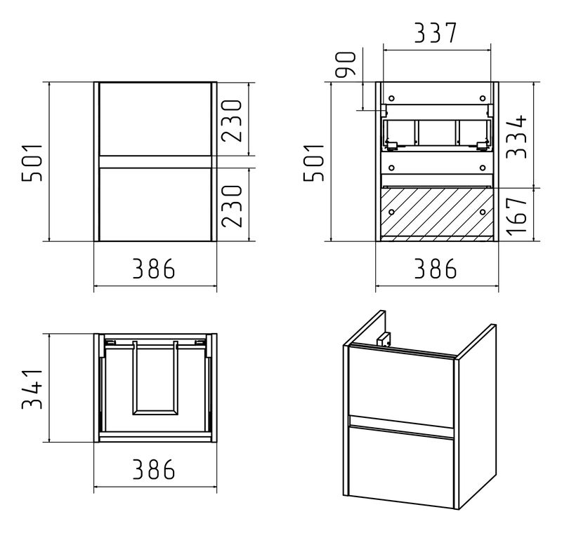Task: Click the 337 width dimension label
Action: pos(436,33)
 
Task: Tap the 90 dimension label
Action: pos(346,64)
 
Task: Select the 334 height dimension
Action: pos(517,136)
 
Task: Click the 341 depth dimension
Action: pos(32,388)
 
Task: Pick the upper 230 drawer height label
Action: pos(232,121)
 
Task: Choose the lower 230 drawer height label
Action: pos(232,206)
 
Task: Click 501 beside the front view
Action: pos(32,163)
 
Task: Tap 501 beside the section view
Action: pos(314,163)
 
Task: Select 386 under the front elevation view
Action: pos(154,269)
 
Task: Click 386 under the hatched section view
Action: pos(436,269)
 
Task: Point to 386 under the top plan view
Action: pos(154,469)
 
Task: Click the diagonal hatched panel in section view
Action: pos(437,212)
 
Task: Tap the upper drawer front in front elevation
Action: pos(155,119)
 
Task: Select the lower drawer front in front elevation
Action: pos(155,205)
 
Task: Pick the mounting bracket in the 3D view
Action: pos(384,339)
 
